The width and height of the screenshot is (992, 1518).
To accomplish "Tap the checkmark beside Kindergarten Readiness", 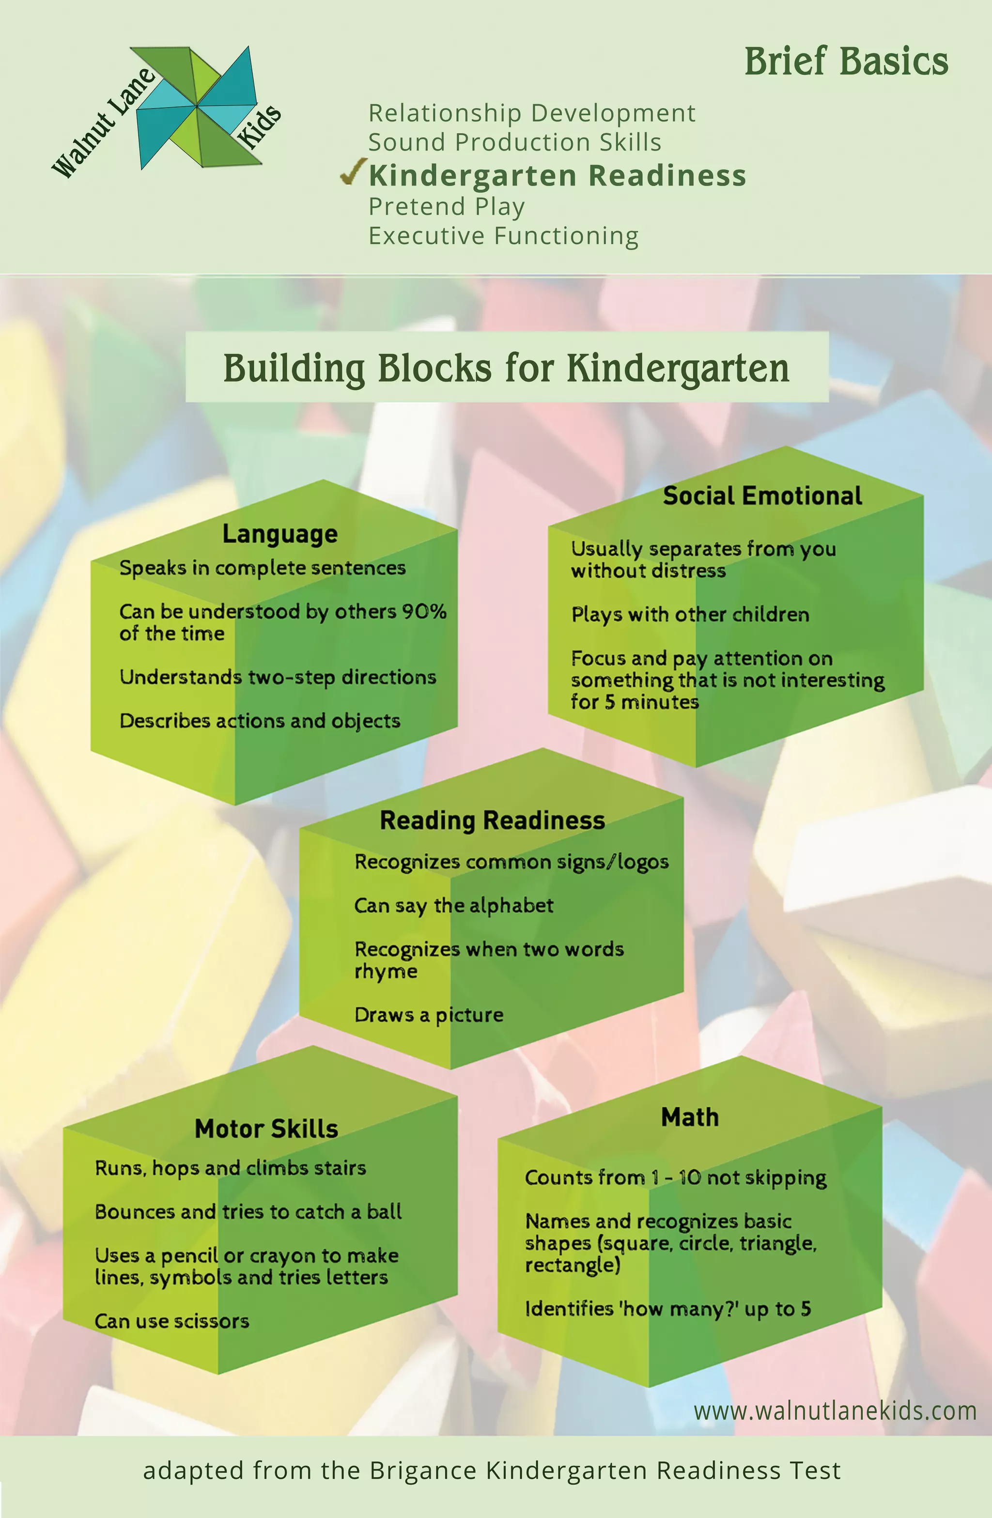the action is [352, 173].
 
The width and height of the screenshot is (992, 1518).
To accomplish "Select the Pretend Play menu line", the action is [447, 207].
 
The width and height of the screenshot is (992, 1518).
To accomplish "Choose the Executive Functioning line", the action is [503, 236].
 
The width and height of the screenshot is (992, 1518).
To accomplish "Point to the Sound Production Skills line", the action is [514, 142].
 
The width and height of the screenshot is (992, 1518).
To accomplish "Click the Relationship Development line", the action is [531, 113].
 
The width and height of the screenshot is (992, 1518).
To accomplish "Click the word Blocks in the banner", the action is [434, 369].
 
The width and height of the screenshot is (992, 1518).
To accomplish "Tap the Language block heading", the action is [279, 534].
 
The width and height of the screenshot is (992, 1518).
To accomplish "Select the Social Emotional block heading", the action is [762, 496].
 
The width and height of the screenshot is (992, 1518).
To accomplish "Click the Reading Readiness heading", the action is [492, 820].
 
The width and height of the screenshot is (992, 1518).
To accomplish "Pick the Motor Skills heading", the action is [266, 1129].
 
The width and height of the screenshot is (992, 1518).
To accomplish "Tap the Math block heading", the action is [690, 1117].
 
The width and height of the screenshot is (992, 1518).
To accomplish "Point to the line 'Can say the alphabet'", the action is [453, 906].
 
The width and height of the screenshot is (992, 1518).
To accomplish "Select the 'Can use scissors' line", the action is [171, 1321].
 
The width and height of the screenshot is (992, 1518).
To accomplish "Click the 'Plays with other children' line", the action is [690, 615].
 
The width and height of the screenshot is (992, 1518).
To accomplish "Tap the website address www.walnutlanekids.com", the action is [835, 1411].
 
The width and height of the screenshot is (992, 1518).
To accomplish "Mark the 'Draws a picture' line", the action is [429, 1015].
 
